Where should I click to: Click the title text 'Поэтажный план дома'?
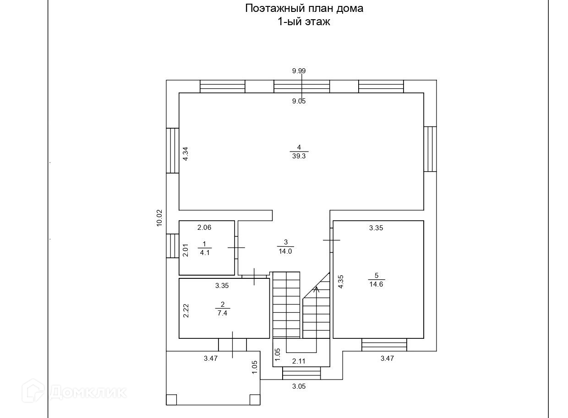304,8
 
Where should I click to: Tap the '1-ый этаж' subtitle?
303,22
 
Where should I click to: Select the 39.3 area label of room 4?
299,156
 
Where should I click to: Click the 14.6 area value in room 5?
376,284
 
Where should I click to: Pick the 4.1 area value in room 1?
205,252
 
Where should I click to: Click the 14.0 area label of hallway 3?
284,251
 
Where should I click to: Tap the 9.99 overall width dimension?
299,71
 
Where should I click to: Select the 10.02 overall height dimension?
159,218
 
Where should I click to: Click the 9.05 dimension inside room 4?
299,102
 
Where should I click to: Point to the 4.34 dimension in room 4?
186,153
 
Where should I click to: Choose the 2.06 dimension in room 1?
204,227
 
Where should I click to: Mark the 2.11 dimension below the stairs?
299,361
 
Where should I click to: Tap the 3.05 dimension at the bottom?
299,386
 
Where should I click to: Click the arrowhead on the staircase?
316,288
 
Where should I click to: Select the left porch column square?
171,400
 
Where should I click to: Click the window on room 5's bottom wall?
384,344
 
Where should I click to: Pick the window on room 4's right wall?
430,149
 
